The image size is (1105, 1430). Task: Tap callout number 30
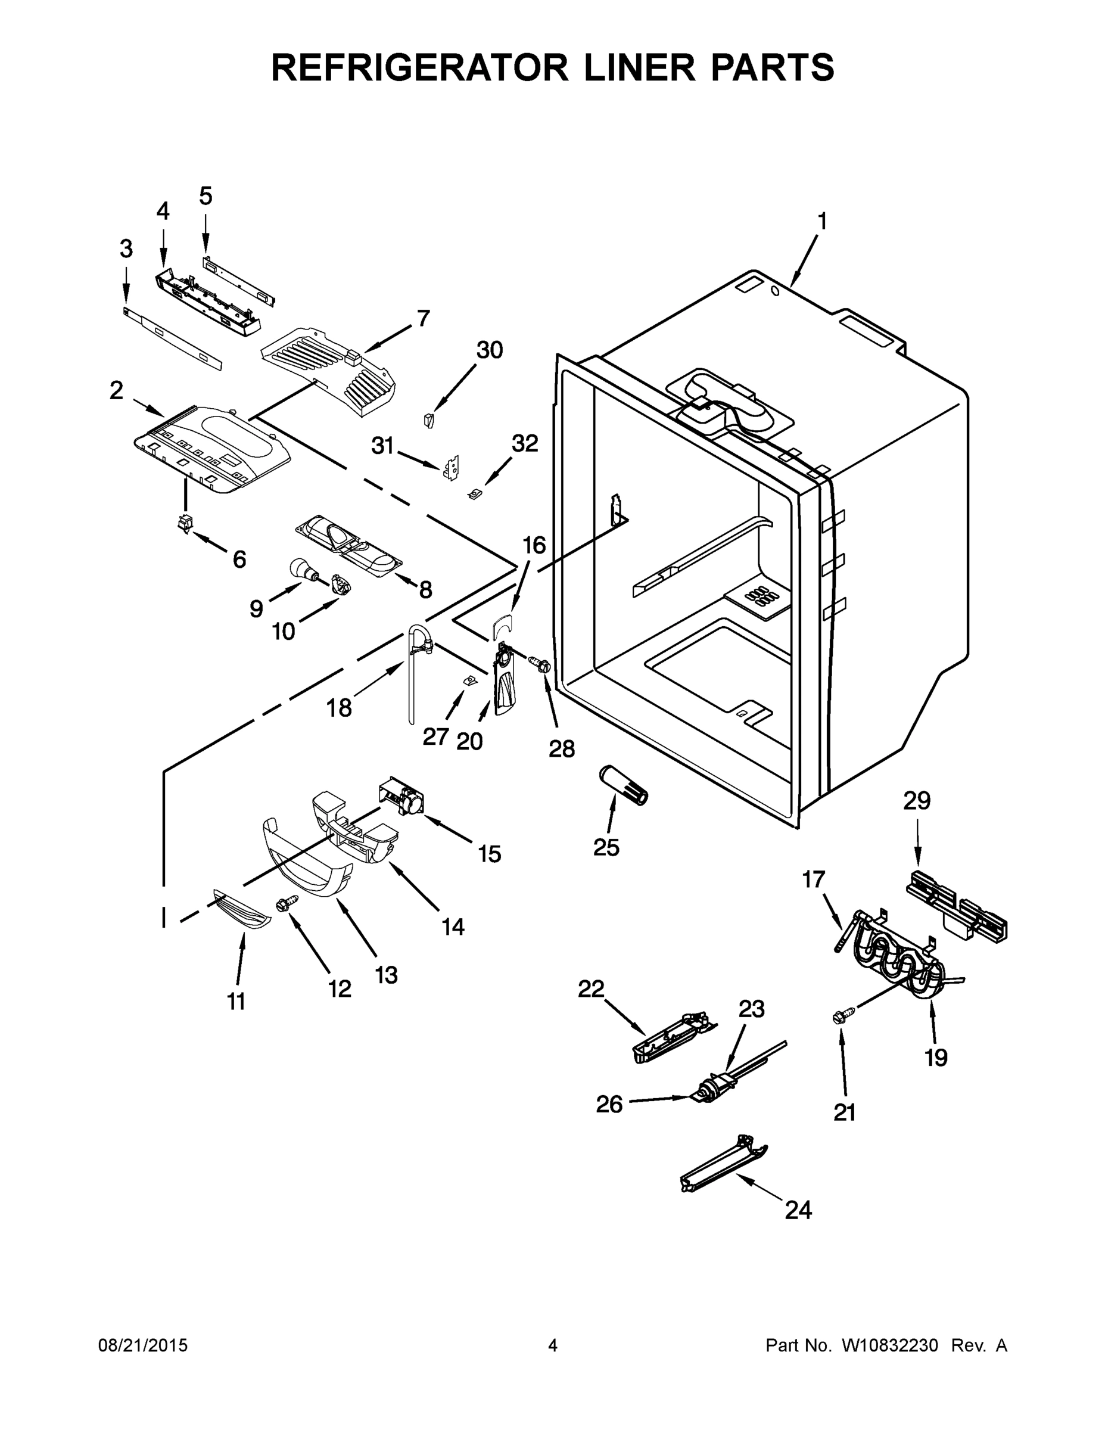pyautogui.click(x=489, y=350)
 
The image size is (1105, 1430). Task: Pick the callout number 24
pyautogui.click(x=798, y=1210)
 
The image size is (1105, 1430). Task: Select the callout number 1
pyautogui.click(x=822, y=222)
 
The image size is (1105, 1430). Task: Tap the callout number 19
pyautogui.click(x=936, y=1058)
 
